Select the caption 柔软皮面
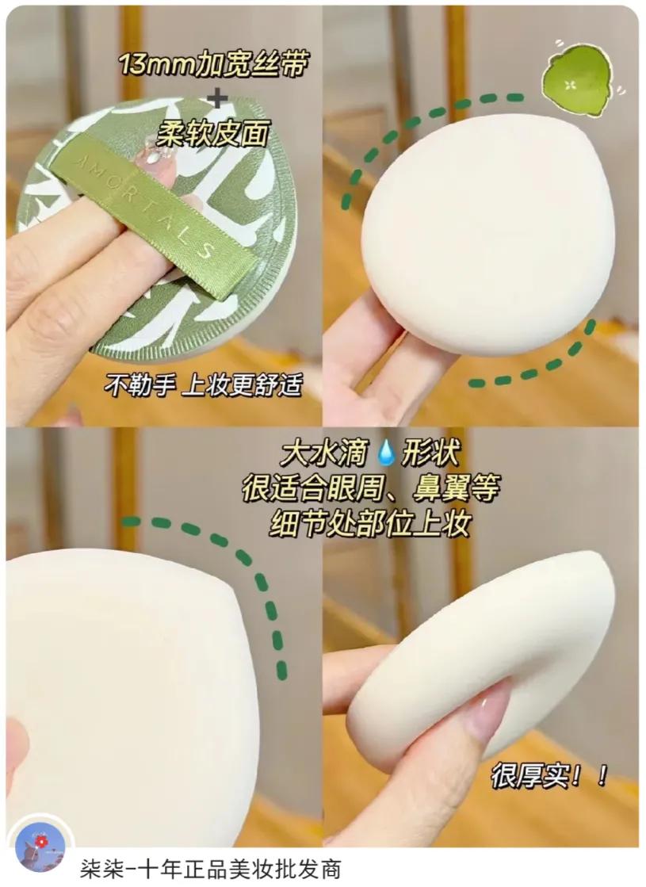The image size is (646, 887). click(212, 132)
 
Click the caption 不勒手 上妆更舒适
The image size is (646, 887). click(204, 386)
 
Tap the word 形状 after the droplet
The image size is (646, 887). click(432, 454)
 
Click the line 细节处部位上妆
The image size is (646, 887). click(369, 524)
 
